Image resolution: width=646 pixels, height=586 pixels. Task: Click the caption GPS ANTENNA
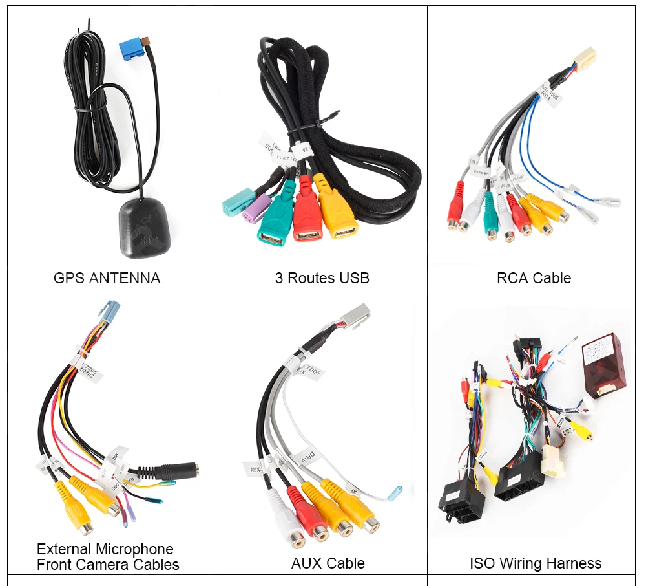(x=107, y=278)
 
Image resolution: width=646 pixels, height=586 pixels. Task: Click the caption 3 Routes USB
(x=322, y=278)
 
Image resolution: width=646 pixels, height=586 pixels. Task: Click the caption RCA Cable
(x=534, y=278)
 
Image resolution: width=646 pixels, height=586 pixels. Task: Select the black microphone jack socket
(x=178, y=472)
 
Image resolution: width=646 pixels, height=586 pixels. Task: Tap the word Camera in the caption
(x=111, y=565)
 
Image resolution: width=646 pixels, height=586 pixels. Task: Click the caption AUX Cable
(x=328, y=563)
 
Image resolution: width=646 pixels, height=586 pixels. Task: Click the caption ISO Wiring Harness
(x=536, y=563)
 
